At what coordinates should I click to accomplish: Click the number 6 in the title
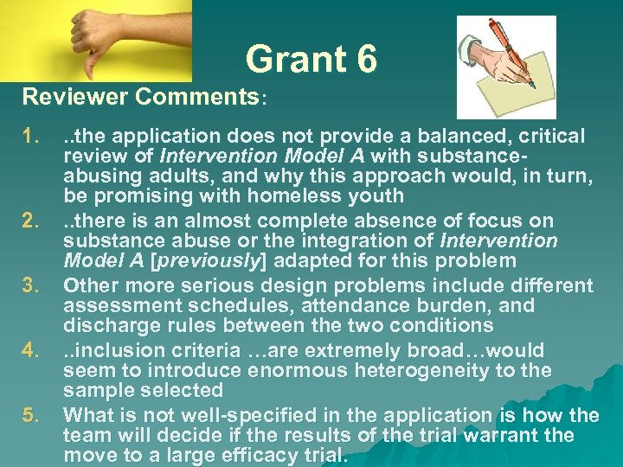click(x=365, y=60)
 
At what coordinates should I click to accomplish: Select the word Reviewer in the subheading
click(x=73, y=97)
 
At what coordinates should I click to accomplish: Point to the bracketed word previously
click(x=213, y=261)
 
